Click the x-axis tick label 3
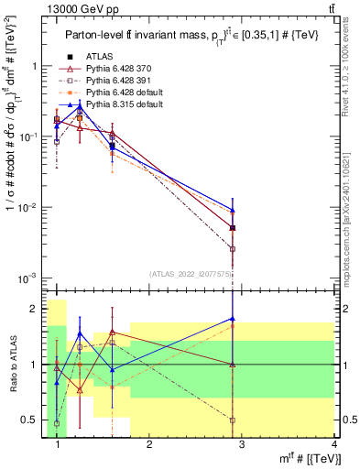[x=241, y=446]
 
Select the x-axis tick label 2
[x=149, y=446]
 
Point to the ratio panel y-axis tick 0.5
[x=33, y=420]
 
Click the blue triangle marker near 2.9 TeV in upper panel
[x=233, y=210]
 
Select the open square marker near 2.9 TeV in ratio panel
[x=233, y=420]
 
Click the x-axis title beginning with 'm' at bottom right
[x=305, y=460]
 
